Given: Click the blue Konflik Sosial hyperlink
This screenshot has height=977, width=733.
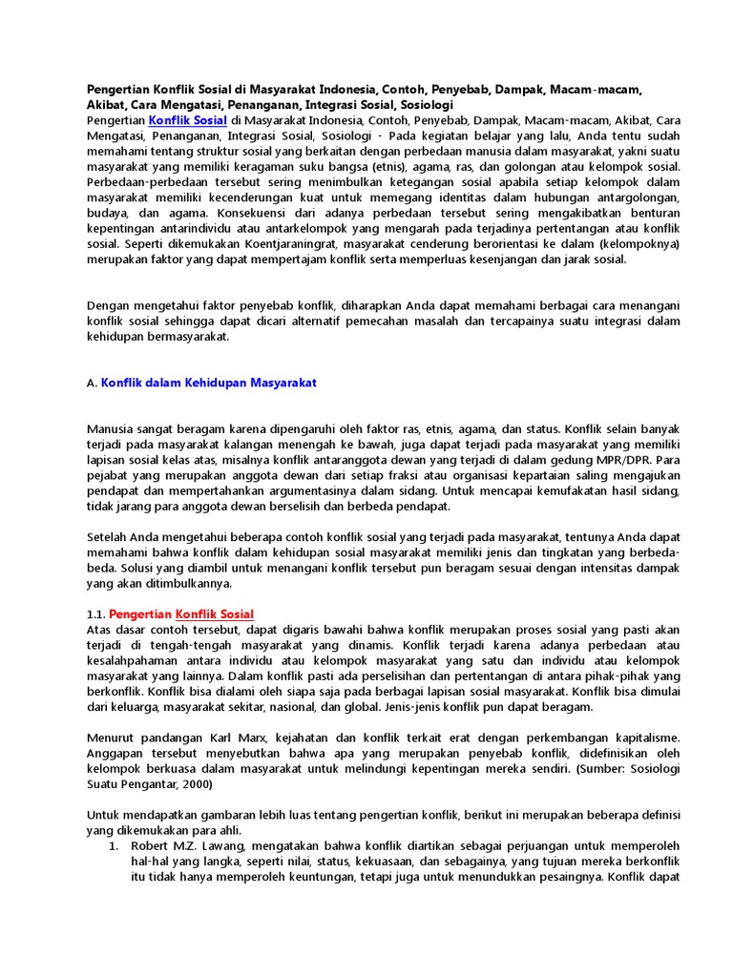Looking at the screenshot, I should pos(187,121).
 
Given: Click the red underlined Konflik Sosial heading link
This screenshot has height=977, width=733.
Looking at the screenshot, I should pos(215,613).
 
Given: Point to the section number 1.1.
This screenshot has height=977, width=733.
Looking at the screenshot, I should pos(95,613).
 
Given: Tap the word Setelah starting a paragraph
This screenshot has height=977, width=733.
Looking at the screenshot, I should pos(109,537).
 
